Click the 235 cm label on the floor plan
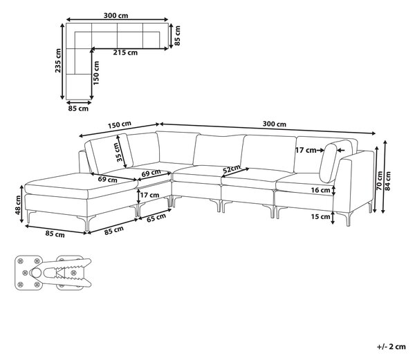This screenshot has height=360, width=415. (x=58, y=61)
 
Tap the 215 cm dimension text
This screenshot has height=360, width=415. (x=125, y=53)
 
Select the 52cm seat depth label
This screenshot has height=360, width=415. (x=231, y=169)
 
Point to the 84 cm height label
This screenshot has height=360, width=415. (x=388, y=181)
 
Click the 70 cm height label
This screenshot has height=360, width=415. (x=380, y=181)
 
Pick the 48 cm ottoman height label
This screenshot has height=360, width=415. (x=18, y=205)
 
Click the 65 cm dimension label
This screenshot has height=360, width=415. (x=156, y=218)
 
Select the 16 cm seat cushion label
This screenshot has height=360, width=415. (x=320, y=190)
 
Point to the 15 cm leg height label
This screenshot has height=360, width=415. (x=320, y=217)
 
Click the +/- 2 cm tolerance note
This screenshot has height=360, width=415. (x=391, y=347)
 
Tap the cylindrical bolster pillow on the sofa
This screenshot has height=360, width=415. (x=329, y=162)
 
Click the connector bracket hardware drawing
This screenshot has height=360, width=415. (x=53, y=272)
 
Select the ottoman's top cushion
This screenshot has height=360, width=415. (x=81, y=186)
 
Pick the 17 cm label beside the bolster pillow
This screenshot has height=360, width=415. (x=306, y=151)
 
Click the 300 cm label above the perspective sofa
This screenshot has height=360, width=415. (x=275, y=124)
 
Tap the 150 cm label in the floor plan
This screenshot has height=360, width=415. (x=96, y=73)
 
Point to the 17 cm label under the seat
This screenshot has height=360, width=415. (x=149, y=196)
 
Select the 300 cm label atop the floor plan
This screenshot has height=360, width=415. (x=116, y=16)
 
